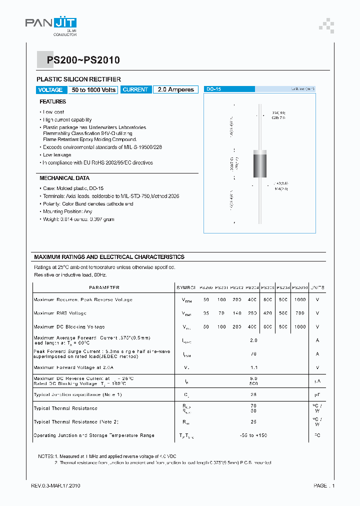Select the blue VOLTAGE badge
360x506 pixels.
tap(50, 90)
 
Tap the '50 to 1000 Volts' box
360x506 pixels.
tap(93, 90)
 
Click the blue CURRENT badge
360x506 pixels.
tap(135, 90)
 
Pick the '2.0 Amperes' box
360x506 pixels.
tap(175, 90)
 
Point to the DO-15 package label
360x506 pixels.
tap(214, 89)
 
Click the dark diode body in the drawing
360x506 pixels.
tap(259, 163)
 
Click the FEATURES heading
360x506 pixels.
tap(53, 101)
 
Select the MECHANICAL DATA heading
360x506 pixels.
tap(64, 178)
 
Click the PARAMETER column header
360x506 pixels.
tap(104, 288)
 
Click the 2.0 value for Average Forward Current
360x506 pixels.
tap(253, 340)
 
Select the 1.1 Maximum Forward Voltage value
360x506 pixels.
tap(253, 367)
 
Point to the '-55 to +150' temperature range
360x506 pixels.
tap(253, 435)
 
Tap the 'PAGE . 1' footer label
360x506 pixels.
tap(324, 486)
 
